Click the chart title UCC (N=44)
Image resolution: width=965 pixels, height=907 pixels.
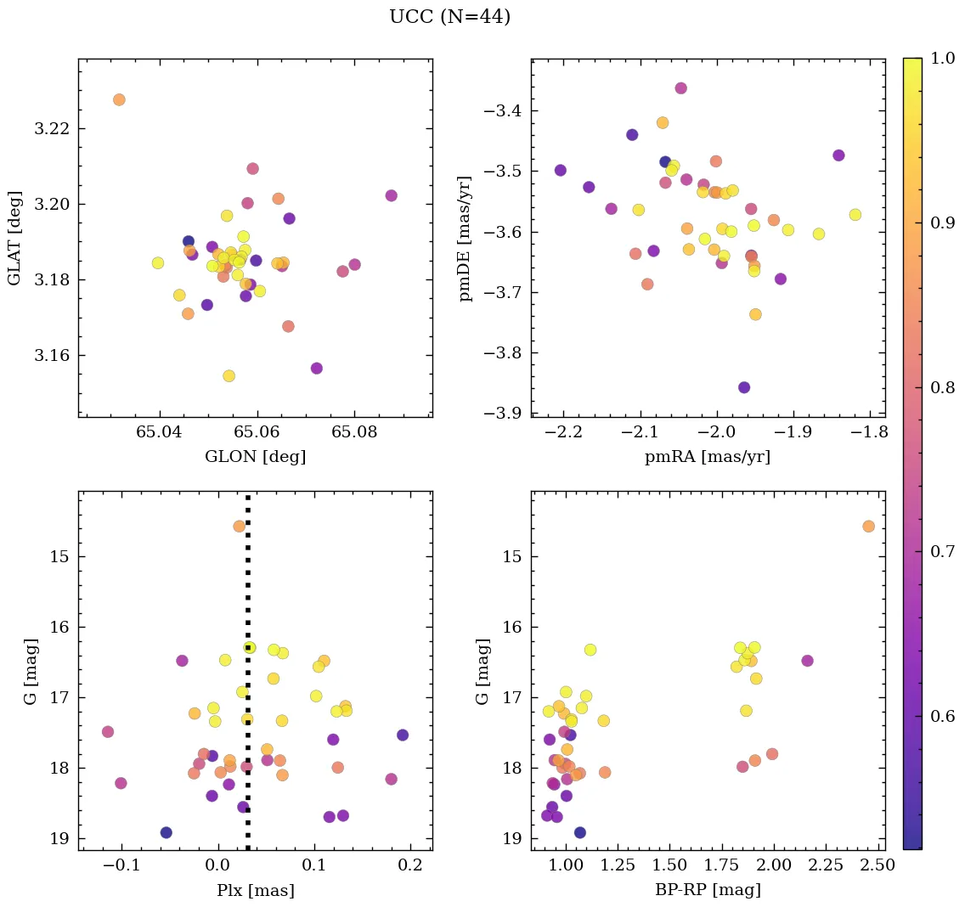(449, 17)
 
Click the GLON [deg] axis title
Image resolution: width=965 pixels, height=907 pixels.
(255, 457)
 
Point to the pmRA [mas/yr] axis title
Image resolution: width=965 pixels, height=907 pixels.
(708, 457)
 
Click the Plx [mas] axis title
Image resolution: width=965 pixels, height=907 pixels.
(255, 890)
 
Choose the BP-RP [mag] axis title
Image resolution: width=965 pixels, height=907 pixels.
(708, 890)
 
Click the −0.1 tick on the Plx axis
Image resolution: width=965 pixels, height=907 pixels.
(119, 867)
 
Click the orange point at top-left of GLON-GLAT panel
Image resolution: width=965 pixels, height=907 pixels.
(119, 100)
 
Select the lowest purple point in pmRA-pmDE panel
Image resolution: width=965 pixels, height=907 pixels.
(744, 387)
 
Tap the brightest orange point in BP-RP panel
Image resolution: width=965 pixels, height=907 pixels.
(868, 527)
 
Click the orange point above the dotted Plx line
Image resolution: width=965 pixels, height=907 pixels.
(240, 527)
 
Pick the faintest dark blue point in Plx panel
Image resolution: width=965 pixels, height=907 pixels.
(166, 833)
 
